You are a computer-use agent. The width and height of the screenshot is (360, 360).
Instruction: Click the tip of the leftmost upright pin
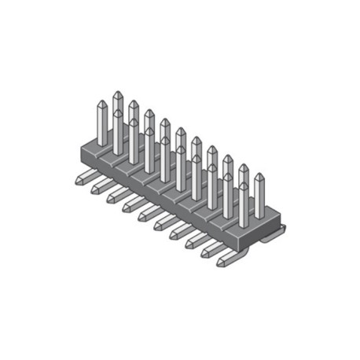[x=101, y=104]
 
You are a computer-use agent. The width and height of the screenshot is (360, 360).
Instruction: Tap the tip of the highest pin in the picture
[x=117, y=94]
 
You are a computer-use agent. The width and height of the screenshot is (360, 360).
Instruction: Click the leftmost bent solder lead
[x=82, y=178]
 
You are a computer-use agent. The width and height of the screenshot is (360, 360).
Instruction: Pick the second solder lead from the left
[x=97, y=187]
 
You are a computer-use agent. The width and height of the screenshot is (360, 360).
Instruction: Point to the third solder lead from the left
[x=113, y=196]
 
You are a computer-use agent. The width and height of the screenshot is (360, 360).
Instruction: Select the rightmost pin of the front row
[x=243, y=200]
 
